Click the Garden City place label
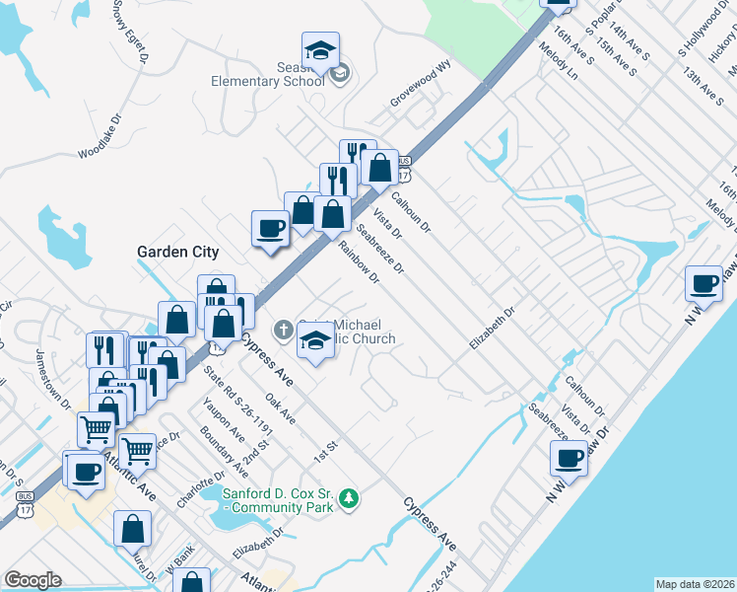point(176,252)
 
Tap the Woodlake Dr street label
point(101,138)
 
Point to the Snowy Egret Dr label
point(130,32)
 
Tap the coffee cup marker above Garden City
point(270,229)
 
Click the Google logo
point(33,580)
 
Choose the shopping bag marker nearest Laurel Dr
point(132,529)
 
